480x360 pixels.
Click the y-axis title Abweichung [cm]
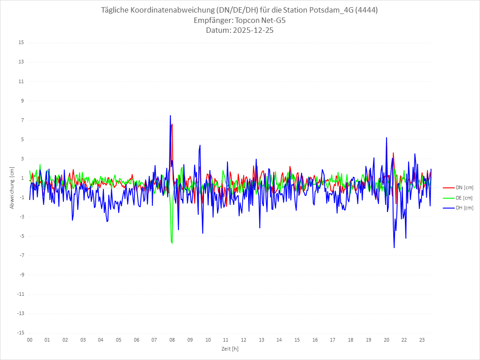[x=12, y=188]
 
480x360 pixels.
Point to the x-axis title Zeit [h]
[x=230, y=348]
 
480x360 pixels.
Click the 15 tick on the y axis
[x=21, y=43]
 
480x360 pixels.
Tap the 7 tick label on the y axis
[x=22, y=120]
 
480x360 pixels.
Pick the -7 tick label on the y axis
[x=21, y=255]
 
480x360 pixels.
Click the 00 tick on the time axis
[x=30, y=340]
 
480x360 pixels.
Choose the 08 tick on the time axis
[x=172, y=340]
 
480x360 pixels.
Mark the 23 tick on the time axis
[x=422, y=340]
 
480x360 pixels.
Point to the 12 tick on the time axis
[x=244, y=340]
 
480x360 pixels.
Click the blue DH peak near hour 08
[x=170, y=116]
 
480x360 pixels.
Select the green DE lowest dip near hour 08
[x=172, y=243]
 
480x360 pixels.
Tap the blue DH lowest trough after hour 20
[x=394, y=247]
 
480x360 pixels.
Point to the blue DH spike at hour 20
[x=387, y=138]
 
